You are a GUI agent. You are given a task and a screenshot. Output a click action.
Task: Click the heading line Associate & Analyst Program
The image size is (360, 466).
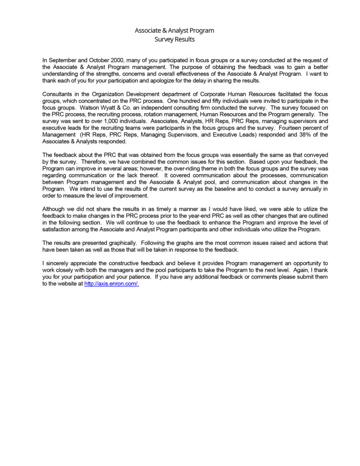(174, 30)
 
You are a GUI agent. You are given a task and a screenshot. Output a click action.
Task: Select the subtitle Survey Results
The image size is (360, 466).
(174, 40)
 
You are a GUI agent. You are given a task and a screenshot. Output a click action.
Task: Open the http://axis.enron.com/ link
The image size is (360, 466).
(112, 284)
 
